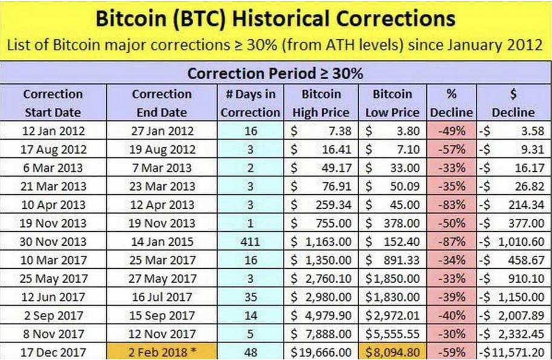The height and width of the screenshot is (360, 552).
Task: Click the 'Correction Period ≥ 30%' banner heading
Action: [275, 74]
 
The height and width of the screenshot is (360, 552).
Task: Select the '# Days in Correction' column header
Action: [250, 103]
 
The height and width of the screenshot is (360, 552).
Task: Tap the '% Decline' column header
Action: [451, 103]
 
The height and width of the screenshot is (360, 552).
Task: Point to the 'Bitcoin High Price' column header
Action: [320, 103]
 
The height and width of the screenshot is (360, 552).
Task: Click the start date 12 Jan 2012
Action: [53, 130]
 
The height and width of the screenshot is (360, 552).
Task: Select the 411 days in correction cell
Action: [250, 241]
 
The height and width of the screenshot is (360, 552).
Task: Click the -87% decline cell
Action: [451, 241]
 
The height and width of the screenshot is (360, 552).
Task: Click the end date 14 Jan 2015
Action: [161, 241]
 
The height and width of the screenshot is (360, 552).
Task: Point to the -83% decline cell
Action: [451, 205]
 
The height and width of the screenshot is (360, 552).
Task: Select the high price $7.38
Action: [320, 130]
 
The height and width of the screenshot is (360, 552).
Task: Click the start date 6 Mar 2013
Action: [53, 168]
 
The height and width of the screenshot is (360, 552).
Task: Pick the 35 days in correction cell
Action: [250, 297]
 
